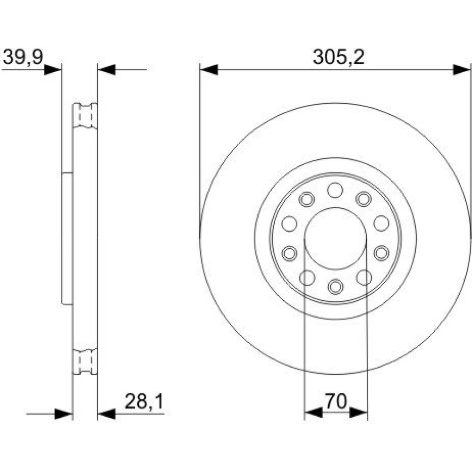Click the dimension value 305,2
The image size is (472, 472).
click(x=338, y=57)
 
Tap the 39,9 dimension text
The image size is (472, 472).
click(x=23, y=57)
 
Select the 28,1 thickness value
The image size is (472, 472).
click(x=144, y=401)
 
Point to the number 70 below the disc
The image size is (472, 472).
click(x=336, y=401)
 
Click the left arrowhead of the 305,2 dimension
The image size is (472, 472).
click(x=209, y=70)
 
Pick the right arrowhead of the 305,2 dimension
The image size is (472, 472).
click(x=462, y=70)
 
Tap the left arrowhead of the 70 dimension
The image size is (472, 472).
click(x=313, y=413)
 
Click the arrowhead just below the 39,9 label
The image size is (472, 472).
click(x=53, y=70)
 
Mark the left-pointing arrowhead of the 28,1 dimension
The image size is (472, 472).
click(x=107, y=414)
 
